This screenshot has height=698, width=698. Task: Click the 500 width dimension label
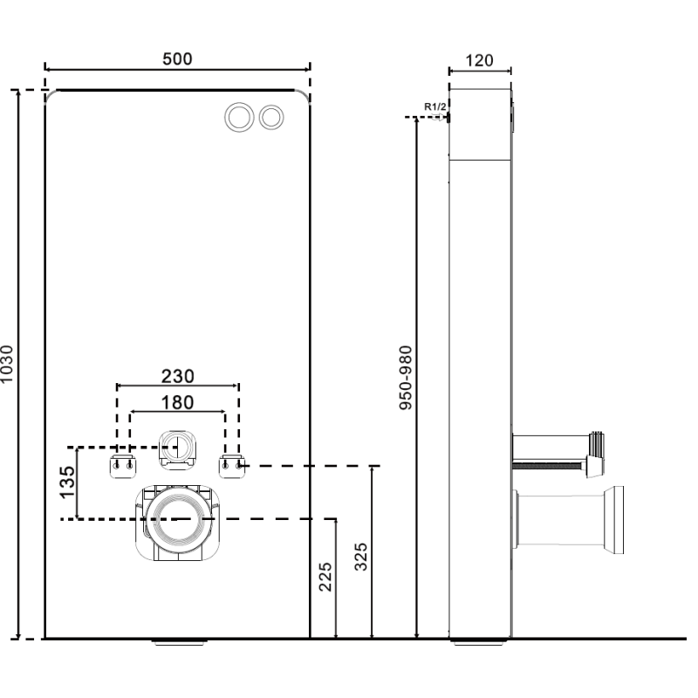pyautogui.click(x=177, y=59)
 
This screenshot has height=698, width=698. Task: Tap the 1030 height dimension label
pyautogui.click(x=8, y=364)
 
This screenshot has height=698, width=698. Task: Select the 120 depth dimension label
pyautogui.click(x=479, y=60)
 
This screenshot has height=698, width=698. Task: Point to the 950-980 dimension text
pyautogui.click(x=405, y=377)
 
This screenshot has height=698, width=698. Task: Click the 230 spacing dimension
pyautogui.click(x=177, y=376)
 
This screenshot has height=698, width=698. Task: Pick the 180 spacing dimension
pyautogui.click(x=177, y=402)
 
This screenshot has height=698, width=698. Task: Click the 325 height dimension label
pyautogui.click(x=361, y=557)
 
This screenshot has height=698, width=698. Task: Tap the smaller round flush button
pyautogui.click(x=272, y=116)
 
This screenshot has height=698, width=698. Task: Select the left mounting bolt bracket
pyautogui.click(x=121, y=463)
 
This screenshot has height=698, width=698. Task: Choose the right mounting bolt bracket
pyautogui.click(x=231, y=463)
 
